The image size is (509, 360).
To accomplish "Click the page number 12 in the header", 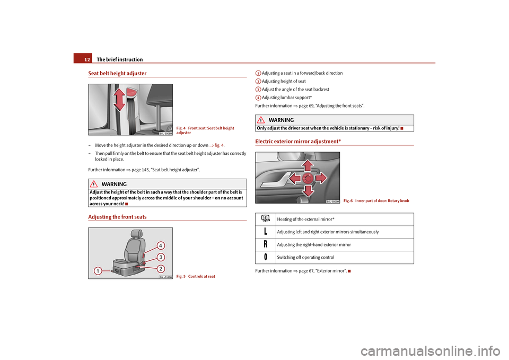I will (86, 59).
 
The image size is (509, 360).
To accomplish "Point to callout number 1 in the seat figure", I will (99, 271).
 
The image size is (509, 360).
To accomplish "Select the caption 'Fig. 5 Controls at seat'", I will (196, 276).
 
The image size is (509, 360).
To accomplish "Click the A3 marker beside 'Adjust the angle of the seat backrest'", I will (257, 90).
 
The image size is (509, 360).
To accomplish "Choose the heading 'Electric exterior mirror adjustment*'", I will (298, 142).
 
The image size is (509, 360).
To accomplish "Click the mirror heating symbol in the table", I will (265, 218).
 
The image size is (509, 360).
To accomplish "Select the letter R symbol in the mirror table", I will (265, 244).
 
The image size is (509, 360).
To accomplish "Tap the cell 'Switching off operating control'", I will (305, 257).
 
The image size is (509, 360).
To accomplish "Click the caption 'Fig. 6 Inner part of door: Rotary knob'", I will (376, 201).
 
